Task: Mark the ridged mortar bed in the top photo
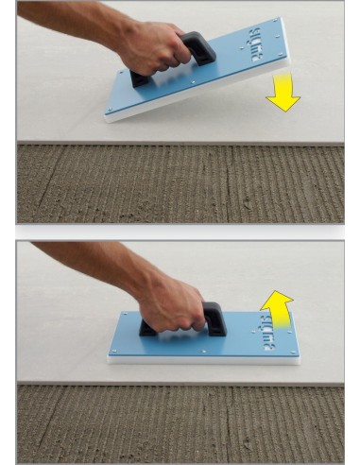(x=180, y=184)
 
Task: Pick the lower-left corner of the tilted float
(x=108, y=116)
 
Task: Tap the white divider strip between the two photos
(x=180, y=232)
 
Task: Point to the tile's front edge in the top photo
(x=180, y=144)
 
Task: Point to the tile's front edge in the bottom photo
(x=180, y=382)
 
